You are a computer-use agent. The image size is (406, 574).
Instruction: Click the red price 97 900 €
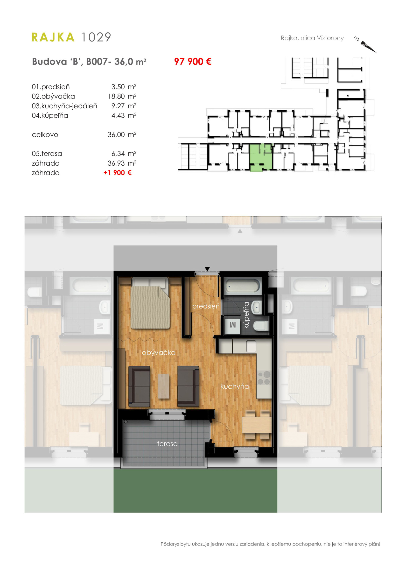[193, 62]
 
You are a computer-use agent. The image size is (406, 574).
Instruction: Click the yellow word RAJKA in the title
[53, 37]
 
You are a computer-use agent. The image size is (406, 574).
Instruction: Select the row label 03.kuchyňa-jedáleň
[64, 106]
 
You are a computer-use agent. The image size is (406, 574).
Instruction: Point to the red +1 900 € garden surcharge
[118, 173]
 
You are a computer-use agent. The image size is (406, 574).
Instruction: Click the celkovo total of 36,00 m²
[122, 134]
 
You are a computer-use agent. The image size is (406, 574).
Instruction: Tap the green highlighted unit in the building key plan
[261, 157]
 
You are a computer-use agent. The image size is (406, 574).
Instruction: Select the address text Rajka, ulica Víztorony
[312, 38]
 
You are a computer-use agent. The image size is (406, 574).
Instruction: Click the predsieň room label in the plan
[206, 306]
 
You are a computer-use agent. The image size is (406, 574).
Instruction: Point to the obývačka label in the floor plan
[159, 352]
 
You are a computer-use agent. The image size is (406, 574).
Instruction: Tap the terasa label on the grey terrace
[167, 444]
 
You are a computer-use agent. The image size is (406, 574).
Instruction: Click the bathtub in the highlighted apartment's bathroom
[242, 286]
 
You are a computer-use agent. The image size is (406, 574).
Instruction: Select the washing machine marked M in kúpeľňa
[232, 325]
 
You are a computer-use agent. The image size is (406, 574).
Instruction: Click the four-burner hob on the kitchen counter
[264, 378]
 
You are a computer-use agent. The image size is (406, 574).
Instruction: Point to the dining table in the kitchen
[257, 425]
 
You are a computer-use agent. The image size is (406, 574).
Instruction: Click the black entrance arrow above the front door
[207, 269]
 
